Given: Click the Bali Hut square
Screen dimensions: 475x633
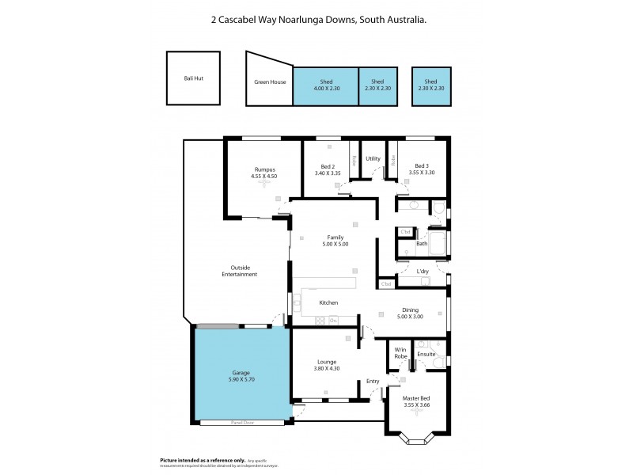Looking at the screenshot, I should pos(192,79).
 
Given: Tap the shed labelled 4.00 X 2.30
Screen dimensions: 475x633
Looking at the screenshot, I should pos(325,86).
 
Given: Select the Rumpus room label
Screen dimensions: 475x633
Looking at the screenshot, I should pos(263,169).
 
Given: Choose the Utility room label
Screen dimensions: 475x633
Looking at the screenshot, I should pos(373,158).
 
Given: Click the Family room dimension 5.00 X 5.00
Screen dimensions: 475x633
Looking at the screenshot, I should pos(335,244).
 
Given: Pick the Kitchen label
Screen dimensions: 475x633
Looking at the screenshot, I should pos(328,302).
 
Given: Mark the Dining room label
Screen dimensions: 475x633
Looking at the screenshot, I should pos(409,310).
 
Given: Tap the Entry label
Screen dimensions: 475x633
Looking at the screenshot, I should pos(373,381).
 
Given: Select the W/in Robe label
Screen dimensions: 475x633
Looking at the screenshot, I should pos(400,353).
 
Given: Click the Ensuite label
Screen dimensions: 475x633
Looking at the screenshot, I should pos(426,353).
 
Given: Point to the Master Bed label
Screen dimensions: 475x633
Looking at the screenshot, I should pos(415,399).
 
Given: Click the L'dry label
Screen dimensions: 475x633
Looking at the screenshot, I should pos(423,272).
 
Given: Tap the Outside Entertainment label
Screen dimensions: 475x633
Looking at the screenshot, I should pos(239,271).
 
